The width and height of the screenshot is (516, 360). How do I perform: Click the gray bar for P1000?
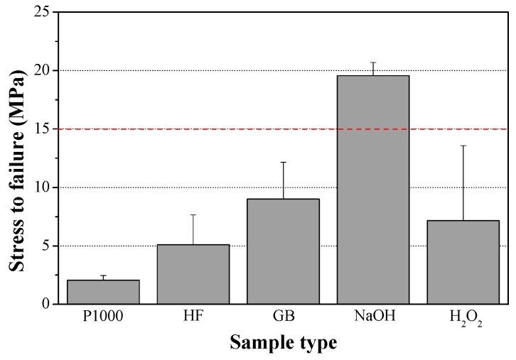(x=103, y=292)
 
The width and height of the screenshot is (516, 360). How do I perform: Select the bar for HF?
(x=193, y=274)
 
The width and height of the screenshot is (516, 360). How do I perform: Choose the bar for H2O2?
(x=463, y=262)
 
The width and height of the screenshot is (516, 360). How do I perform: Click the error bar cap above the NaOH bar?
(x=373, y=62)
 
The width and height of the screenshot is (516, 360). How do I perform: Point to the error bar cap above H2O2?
(x=463, y=146)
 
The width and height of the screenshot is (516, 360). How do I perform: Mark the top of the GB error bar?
(x=283, y=163)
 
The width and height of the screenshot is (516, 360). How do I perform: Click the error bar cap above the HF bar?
(x=193, y=214)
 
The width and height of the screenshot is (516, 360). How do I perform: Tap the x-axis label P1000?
(x=103, y=317)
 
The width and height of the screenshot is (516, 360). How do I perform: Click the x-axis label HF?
(x=193, y=317)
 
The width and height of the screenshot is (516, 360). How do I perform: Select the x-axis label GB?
(x=283, y=317)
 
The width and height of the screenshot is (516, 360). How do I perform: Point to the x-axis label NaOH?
(x=373, y=317)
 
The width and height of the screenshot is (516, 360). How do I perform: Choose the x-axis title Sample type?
(x=283, y=344)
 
